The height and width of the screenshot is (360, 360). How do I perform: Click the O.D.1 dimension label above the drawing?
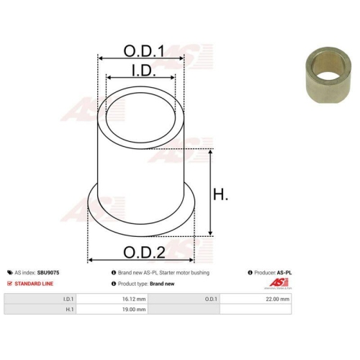tap(144, 51)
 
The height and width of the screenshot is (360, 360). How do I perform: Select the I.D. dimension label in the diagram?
tap(143, 71)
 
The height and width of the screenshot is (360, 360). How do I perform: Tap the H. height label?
tap(220, 194)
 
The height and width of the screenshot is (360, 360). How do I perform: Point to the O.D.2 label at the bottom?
tap(144, 253)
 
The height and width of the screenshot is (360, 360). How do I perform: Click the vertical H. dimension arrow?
tap(210, 192)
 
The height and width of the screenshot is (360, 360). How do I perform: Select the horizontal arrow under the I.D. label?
tap(140, 77)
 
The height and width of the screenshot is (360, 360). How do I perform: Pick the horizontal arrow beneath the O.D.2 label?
tap(140, 260)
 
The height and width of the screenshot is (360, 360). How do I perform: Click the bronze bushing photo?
tap(328, 75)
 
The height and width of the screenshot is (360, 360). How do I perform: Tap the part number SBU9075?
tap(48, 273)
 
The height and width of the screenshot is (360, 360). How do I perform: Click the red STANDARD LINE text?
tap(34, 284)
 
